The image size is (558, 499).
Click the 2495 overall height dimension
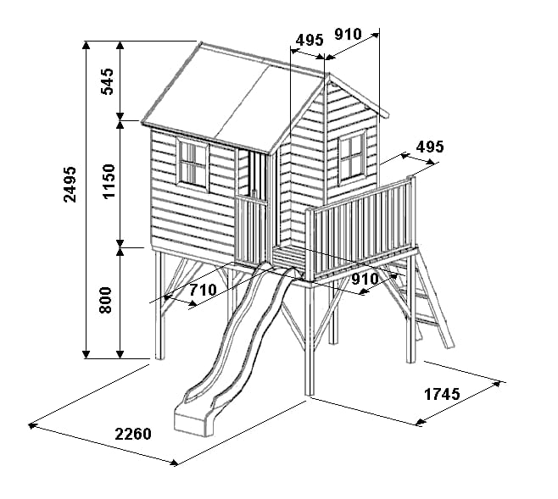tap(70, 184)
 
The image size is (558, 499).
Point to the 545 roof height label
tap(108, 81)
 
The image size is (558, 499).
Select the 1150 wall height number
tap(109, 181)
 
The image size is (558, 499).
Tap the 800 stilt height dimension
tap(105, 300)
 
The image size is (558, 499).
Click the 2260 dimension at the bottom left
tap(133, 434)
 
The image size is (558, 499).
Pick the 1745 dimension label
tap(443, 394)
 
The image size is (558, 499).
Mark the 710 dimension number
tap(203, 290)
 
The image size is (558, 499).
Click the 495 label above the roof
tap(310, 40)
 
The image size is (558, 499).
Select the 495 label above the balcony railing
tap(430, 147)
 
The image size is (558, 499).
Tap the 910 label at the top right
tap(349, 34)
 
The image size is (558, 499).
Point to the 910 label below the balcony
tap(365, 279)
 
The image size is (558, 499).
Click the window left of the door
tap(193, 165)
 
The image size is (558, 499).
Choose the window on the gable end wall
tap(352, 158)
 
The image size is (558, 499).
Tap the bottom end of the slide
tap(193, 421)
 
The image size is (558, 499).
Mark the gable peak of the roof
tap(328, 75)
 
